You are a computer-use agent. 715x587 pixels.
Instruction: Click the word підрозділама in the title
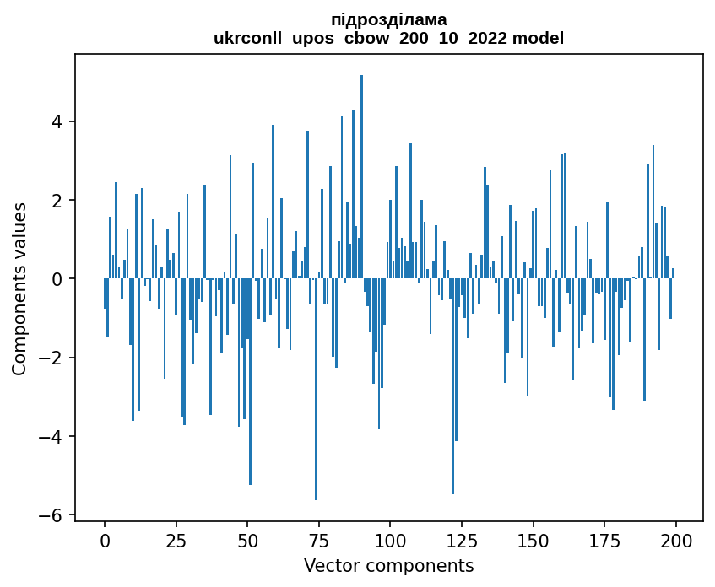click(389, 19)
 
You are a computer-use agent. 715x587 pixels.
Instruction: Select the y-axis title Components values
click(19, 288)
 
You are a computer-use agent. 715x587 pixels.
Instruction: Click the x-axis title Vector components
click(388, 565)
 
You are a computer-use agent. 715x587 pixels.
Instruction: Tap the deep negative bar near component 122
click(453, 388)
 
